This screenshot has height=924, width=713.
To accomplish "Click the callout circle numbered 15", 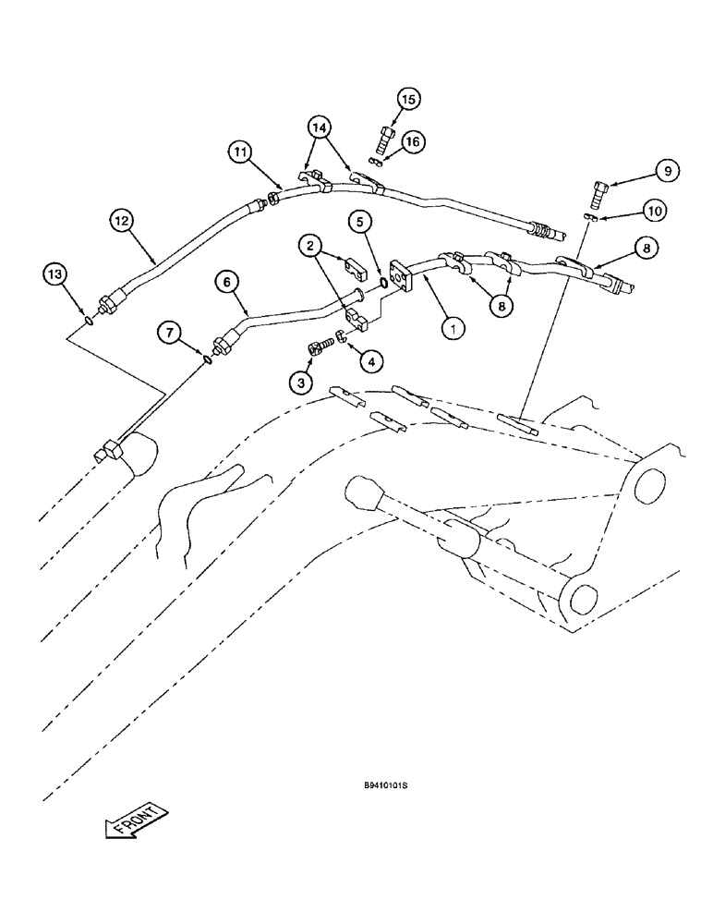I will point(408,99).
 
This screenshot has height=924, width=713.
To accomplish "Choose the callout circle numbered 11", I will point(241,152).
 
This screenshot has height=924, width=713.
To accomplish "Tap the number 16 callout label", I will point(413,141).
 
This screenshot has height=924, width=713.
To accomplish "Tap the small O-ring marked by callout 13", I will point(86,321).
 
